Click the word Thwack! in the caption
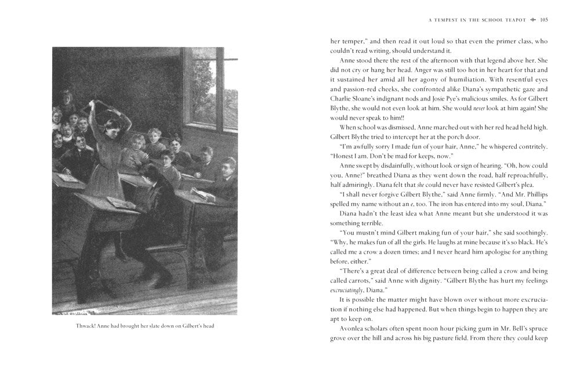click(x=88, y=326)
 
